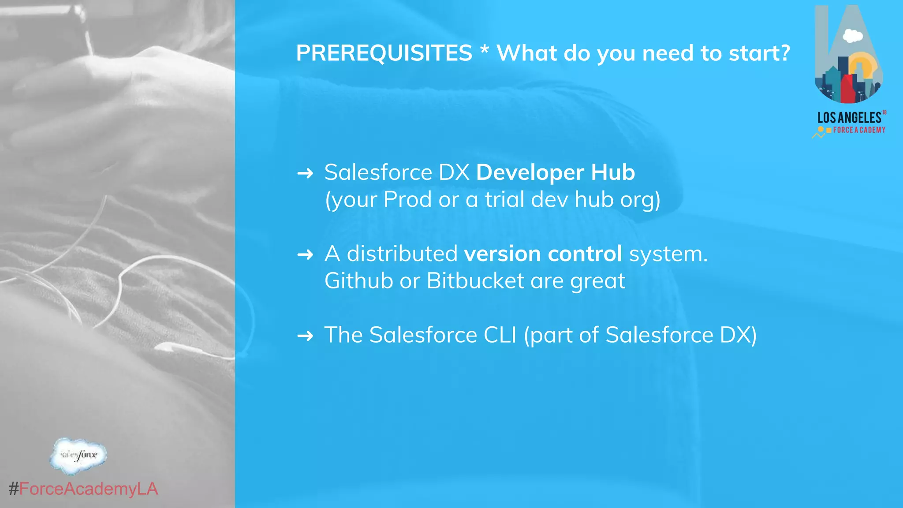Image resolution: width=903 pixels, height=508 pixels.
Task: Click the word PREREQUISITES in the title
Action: pyautogui.click(x=384, y=53)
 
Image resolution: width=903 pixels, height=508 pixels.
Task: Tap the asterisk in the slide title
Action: pyautogui.click(x=484, y=51)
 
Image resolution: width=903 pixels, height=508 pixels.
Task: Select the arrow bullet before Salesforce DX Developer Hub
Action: pyautogui.click(x=305, y=173)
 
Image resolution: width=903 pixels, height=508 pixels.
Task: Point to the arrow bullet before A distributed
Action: pyautogui.click(x=305, y=254)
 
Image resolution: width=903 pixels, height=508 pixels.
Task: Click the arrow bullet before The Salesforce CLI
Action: pyautogui.click(x=305, y=336)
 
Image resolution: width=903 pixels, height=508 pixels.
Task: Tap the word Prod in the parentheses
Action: pyautogui.click(x=407, y=199)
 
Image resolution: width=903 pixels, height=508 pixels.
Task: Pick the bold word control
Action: pyautogui.click(x=585, y=254)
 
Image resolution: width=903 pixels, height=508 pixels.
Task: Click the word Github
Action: pyautogui.click(x=358, y=281)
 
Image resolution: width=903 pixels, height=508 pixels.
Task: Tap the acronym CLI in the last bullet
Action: pyautogui.click(x=500, y=335)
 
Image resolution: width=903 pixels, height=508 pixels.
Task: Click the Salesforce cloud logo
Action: pyautogui.click(x=78, y=456)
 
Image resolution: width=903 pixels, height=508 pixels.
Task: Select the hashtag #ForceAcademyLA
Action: pyautogui.click(x=83, y=489)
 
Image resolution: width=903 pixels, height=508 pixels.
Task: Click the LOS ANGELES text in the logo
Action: pyautogui.click(x=849, y=118)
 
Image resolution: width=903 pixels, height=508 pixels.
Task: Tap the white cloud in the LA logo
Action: pyautogui.click(x=852, y=36)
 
